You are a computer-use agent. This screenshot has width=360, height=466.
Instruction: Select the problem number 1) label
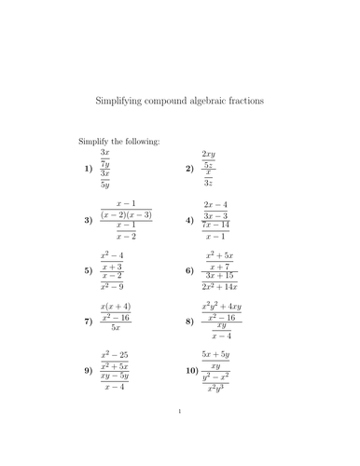coord(88,169)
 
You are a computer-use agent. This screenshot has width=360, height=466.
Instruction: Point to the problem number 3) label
coord(88,220)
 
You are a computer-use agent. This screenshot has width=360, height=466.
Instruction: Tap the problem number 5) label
coord(88,271)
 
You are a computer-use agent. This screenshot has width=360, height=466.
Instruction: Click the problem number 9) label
coord(88,373)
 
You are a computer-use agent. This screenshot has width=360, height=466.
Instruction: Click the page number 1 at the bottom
coord(179,434)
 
